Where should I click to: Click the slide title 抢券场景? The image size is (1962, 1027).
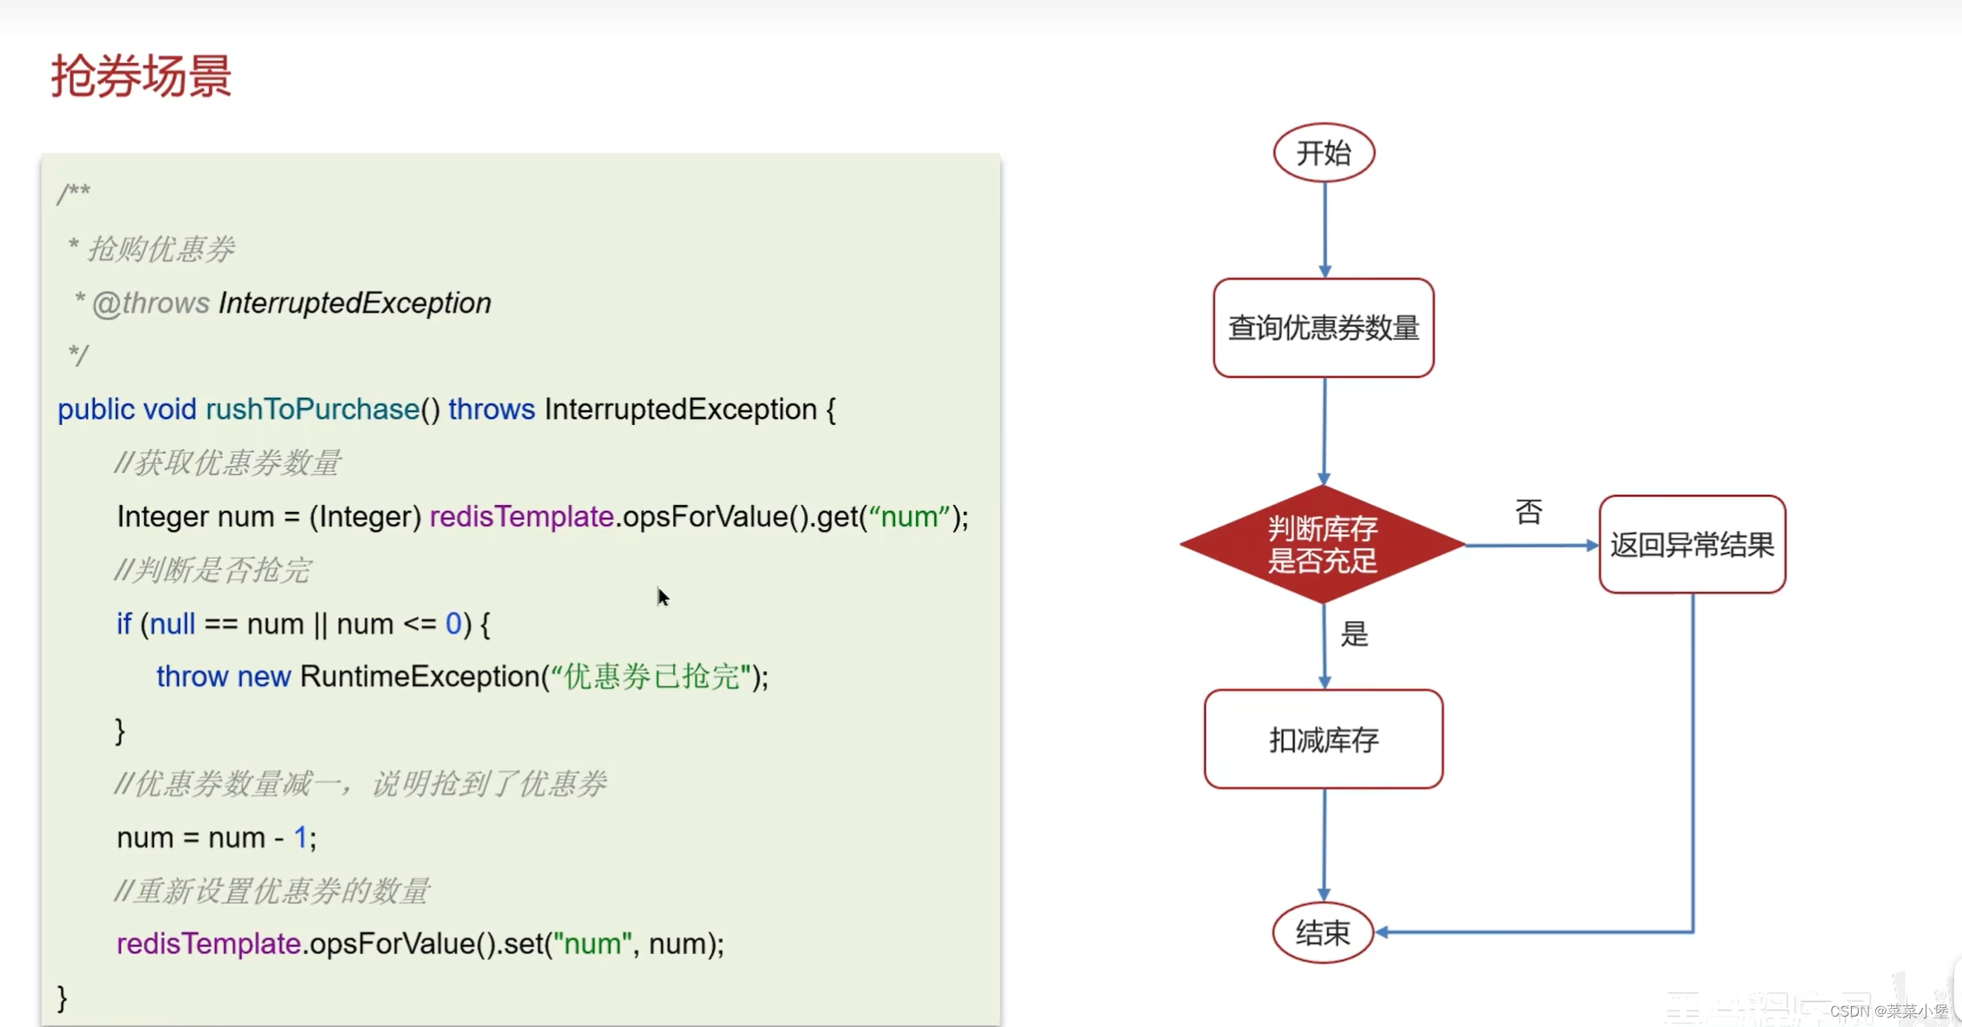[141, 76]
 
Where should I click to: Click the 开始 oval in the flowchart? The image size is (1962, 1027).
[1324, 154]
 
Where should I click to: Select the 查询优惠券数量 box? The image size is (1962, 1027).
[1324, 328]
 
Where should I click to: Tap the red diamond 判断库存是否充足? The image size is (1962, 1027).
[1323, 545]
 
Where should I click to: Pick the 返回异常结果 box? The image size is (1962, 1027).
[1692, 545]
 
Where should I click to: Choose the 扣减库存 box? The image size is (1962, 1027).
[1324, 739]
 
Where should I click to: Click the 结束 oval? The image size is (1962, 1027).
[1323, 933]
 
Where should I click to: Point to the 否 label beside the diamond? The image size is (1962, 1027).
[1528, 512]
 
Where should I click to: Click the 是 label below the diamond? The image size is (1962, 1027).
[1354, 634]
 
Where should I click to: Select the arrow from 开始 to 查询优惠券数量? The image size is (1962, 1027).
[1324, 230]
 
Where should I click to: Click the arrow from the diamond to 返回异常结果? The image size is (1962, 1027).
[1532, 546]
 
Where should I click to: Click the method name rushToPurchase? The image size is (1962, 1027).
[312, 409]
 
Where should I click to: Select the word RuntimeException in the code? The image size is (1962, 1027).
[420, 677]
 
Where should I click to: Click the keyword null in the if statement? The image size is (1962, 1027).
[172, 624]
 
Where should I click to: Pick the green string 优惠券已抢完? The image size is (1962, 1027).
[651, 677]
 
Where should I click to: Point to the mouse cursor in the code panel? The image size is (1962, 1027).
[663, 597]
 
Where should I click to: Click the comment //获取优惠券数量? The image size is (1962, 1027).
[227, 463]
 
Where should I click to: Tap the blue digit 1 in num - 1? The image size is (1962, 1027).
[300, 838]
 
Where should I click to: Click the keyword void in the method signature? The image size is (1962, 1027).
[170, 409]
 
